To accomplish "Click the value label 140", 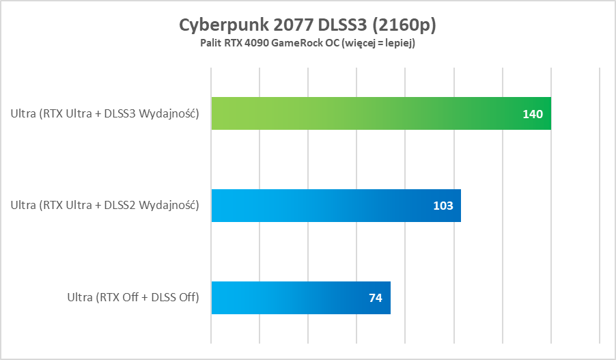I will (x=533, y=114).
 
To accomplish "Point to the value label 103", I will (x=443, y=206).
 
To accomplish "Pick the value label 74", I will (x=375, y=298).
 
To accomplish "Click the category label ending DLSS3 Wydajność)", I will (x=104, y=113).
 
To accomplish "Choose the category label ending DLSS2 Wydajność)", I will (x=104, y=205).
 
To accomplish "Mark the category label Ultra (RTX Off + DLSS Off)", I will (x=132, y=297).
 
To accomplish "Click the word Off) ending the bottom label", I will (x=188, y=297).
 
